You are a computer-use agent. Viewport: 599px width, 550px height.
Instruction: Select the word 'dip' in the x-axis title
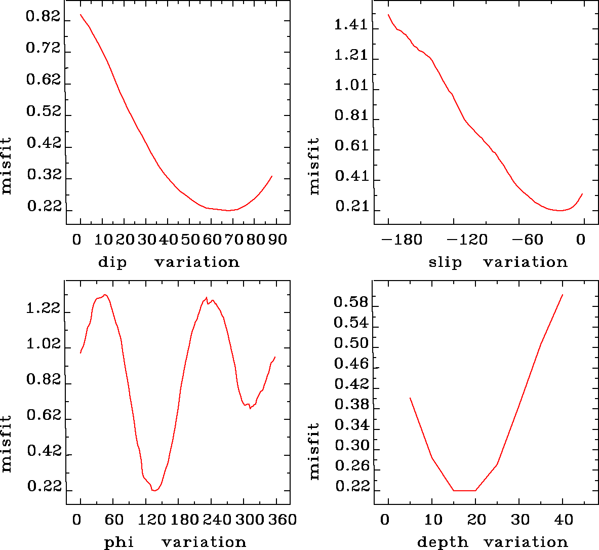pos(112,262)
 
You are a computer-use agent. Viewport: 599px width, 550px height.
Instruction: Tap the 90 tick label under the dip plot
pos(277,240)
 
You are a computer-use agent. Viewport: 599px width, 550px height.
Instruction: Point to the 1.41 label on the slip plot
pos(351,25)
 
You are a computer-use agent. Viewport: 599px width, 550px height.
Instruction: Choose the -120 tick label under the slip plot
pos(467,240)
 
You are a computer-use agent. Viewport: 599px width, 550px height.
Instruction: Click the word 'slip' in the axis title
pos(445,262)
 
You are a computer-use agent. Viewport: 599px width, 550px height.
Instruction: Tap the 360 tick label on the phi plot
pos(282,520)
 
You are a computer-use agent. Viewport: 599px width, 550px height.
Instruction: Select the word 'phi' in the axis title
pos(119,542)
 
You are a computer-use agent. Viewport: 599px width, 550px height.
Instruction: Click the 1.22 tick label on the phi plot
pos(43,309)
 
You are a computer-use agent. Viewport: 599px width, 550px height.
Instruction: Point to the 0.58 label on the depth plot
pos(350,302)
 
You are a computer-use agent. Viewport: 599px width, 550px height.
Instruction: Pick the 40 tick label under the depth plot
pos(563,520)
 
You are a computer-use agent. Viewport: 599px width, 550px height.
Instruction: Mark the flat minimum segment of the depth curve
pos(464,490)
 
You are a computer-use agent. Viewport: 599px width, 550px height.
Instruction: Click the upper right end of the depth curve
pos(563,294)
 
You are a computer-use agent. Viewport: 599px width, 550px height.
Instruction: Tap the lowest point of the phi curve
pos(154,491)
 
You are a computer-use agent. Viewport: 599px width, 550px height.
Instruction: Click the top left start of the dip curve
pos(81,15)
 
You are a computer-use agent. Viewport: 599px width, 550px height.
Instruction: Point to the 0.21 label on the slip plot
pos(351,207)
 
